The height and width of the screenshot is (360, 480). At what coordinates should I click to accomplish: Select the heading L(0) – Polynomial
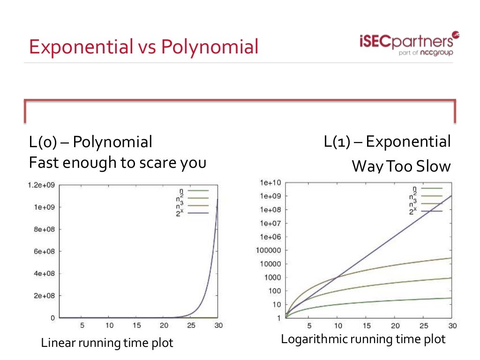(90, 142)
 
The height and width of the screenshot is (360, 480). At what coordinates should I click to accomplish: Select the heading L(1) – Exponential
(387, 141)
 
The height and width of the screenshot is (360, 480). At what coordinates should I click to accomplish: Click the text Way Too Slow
(401, 166)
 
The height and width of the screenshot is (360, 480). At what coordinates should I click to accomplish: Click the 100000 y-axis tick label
(268, 250)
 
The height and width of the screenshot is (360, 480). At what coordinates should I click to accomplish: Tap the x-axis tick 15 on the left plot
(136, 325)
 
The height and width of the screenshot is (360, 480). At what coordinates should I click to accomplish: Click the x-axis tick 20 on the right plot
(395, 326)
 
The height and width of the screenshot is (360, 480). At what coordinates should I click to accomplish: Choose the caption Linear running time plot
(107, 343)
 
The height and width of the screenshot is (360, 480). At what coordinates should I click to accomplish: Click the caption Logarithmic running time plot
(363, 339)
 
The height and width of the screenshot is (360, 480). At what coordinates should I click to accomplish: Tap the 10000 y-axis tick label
(270, 264)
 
